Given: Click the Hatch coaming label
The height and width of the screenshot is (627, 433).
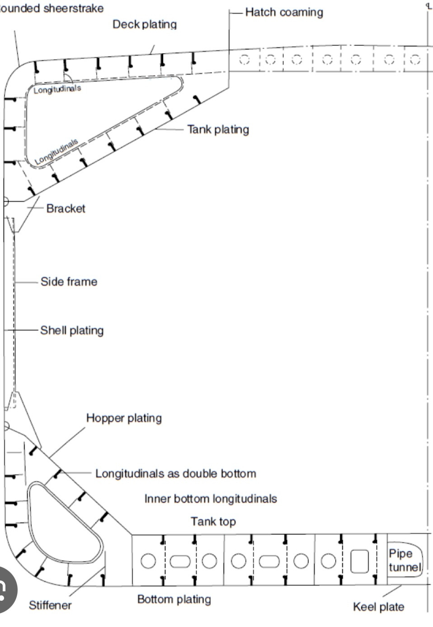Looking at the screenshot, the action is pyautogui.click(x=284, y=12).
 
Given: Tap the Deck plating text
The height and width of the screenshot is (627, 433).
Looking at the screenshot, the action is pyautogui.click(x=145, y=24).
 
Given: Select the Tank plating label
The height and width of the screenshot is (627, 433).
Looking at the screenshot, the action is pyautogui.click(x=218, y=130).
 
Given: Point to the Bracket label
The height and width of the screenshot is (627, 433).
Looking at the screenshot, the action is pyautogui.click(x=66, y=209).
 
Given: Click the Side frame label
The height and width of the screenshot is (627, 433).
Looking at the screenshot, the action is pyautogui.click(x=69, y=281).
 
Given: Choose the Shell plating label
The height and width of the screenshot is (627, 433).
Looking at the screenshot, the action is pyautogui.click(x=72, y=331).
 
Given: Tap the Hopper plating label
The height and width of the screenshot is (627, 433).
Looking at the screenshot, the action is pyautogui.click(x=124, y=418).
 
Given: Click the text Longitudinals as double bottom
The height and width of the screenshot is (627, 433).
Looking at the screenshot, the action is pyautogui.click(x=176, y=473).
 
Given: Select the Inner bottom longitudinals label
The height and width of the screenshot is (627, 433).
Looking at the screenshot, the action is pyautogui.click(x=211, y=499).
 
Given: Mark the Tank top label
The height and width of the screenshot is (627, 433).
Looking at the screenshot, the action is pyautogui.click(x=213, y=522).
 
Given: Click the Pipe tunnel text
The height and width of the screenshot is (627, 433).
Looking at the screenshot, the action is pyautogui.click(x=405, y=561).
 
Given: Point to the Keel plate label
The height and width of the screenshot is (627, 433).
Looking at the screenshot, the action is pyautogui.click(x=379, y=607).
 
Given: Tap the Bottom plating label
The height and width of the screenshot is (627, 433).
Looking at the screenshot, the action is pyautogui.click(x=174, y=599).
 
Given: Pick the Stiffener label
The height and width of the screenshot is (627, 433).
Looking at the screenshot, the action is pyautogui.click(x=51, y=605).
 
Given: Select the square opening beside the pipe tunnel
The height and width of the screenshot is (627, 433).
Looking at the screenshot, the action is pyautogui.click(x=360, y=561).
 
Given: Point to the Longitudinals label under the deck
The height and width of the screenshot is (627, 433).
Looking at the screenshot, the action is pyautogui.click(x=57, y=89).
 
